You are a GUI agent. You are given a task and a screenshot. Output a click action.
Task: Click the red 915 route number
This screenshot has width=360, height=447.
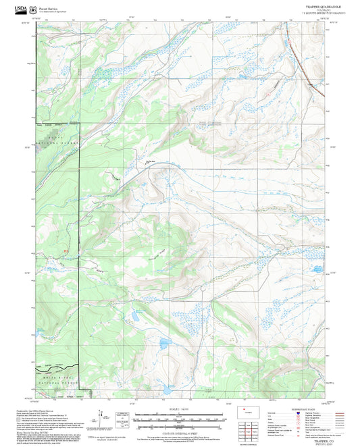coord(66,253)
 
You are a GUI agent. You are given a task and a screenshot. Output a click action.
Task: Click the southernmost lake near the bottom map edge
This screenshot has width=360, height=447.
coord(165,390)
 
